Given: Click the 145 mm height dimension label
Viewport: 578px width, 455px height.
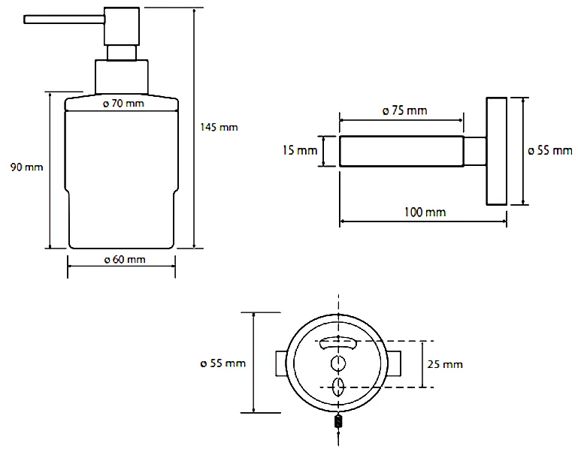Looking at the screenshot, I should click(219, 127).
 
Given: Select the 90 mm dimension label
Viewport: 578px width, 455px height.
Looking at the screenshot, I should click(26, 167).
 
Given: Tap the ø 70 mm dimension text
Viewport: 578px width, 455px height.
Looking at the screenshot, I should click(123, 104).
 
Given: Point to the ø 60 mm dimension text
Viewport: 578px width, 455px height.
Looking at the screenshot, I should click(124, 260).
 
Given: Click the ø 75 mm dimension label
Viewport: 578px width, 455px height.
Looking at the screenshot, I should click(404, 110).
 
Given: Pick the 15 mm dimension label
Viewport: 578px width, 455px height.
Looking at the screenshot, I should click(299, 151).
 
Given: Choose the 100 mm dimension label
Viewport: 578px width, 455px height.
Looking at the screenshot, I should click(425, 212).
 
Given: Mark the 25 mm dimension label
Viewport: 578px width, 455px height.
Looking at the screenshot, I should click(443, 364).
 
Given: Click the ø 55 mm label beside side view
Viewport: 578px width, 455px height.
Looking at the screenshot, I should click(549, 150).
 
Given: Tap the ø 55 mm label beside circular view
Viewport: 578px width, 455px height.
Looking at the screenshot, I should click(223, 364).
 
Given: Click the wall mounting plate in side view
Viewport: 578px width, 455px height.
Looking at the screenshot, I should click(496, 150).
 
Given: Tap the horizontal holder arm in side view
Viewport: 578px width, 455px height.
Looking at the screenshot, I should click(401, 151).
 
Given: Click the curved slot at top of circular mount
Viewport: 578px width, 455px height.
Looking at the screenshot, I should click(339, 343).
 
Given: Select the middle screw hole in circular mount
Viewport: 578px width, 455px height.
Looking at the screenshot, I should click(339, 364).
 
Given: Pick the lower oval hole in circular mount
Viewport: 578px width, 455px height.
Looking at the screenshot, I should click(339, 387).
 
